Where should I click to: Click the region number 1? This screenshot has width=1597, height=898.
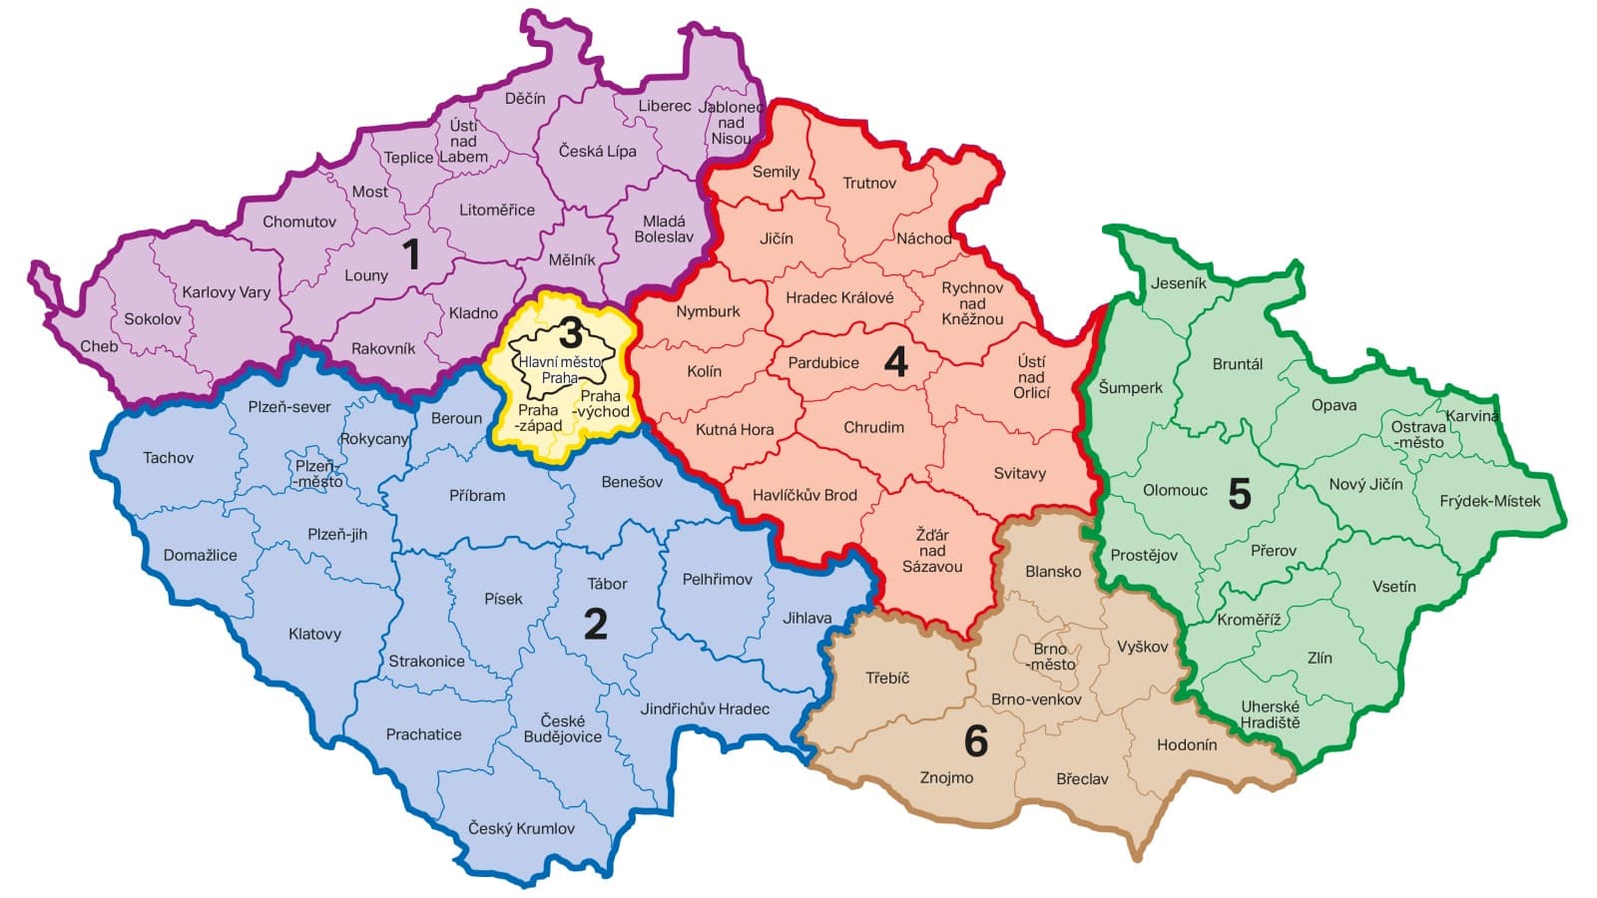(410, 255)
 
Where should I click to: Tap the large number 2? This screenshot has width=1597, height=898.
(595, 625)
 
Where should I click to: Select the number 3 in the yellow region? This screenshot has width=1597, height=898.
(570, 333)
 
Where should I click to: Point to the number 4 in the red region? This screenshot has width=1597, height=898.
(895, 362)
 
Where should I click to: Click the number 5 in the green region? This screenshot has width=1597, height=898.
(1239, 494)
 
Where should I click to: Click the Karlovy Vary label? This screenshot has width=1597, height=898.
(226, 292)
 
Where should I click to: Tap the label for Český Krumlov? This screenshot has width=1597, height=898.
(521, 828)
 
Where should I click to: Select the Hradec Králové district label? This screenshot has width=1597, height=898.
(839, 297)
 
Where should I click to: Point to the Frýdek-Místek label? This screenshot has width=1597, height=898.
(1489, 501)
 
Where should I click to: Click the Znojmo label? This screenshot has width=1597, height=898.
(946, 777)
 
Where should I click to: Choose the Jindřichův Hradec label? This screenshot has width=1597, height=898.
(705, 708)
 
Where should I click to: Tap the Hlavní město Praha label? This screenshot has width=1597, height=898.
(559, 370)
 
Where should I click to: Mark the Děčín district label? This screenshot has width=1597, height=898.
(525, 98)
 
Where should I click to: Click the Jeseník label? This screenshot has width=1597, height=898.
(1178, 282)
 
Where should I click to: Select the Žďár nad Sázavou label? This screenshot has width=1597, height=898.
(932, 551)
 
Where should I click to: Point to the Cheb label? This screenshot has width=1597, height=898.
(99, 346)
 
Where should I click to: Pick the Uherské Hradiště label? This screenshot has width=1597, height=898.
(1270, 714)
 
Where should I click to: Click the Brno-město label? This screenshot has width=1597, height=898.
(1051, 657)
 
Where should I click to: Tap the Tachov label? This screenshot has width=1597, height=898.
(168, 458)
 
